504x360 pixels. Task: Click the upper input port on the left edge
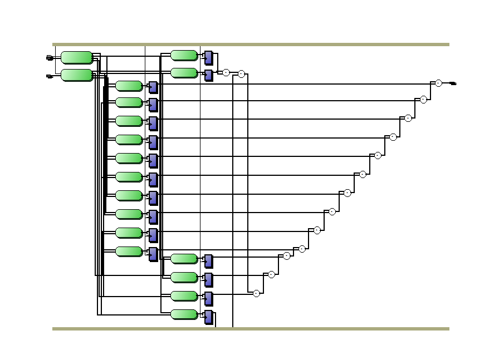49,57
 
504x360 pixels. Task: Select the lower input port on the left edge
49,76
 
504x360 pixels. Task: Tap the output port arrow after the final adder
453,83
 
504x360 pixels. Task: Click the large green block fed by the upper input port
77,57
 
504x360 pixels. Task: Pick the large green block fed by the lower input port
77,75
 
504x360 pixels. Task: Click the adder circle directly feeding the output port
438,83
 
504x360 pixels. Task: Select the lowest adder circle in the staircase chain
256,293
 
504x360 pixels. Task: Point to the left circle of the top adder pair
226,72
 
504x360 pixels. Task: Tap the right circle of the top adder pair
241,74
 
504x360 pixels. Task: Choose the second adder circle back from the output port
423,100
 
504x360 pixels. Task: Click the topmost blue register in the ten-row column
153,87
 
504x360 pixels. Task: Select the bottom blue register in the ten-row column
153,254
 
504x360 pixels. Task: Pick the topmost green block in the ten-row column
129,86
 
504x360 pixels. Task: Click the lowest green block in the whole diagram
184,314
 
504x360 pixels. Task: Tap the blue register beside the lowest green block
208,317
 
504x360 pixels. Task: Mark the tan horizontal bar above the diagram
251,45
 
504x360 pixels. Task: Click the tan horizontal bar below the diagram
251,329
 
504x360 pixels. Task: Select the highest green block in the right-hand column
184,55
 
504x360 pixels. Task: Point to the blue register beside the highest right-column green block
208,57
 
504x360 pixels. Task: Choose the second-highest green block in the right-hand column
184,73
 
